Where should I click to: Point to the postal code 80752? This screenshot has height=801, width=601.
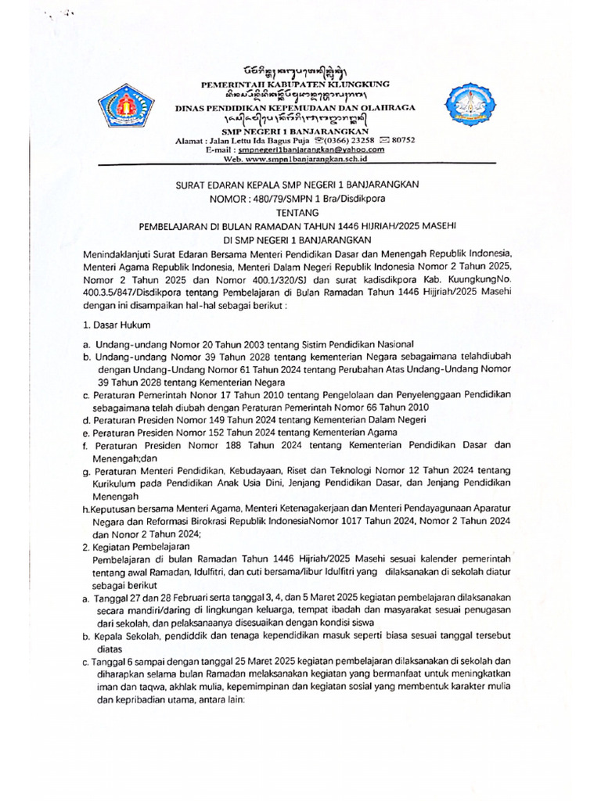[x=401, y=139]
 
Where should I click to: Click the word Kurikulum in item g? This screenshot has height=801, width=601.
[x=115, y=483]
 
